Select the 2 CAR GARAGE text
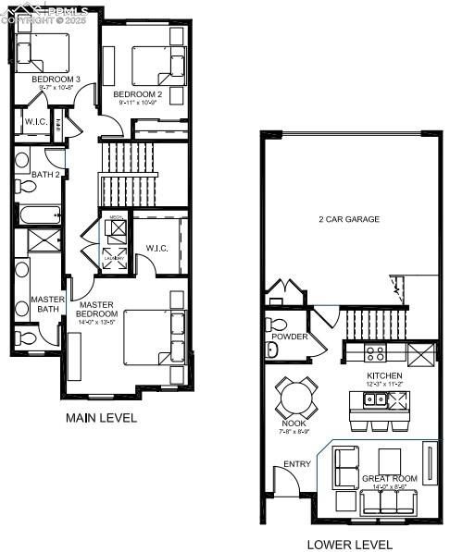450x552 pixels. [350, 219]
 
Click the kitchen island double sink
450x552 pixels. [376, 399]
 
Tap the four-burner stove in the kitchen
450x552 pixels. [376, 352]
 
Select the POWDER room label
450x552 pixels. [290, 337]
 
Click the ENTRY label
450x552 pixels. [297, 464]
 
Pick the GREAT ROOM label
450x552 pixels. [389, 478]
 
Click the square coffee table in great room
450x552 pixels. [390, 459]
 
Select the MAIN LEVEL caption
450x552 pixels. [101, 418]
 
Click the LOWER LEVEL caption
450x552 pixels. [349, 545]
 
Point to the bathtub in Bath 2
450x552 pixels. [38, 215]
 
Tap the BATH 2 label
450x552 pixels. [45, 174]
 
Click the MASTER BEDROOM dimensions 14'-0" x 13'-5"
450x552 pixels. [96, 323]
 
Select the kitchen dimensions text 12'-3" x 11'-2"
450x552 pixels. [383, 384]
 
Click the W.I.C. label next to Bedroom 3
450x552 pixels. [35, 122]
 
